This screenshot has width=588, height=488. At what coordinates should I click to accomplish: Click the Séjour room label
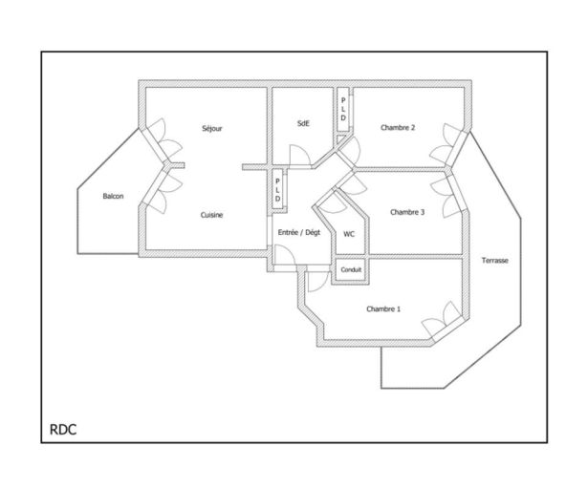(212, 129)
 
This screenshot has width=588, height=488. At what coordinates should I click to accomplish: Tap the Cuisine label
(211, 215)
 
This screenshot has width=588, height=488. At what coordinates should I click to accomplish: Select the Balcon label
(113, 196)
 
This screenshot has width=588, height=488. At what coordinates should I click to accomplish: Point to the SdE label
(303, 123)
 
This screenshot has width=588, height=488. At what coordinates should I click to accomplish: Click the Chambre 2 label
(398, 128)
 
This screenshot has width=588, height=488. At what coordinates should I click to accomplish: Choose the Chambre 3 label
(407, 212)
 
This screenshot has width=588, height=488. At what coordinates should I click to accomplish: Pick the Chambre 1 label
(383, 309)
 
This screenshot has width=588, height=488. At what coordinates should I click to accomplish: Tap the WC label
(349, 234)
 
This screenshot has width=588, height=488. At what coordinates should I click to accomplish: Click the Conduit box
(351, 269)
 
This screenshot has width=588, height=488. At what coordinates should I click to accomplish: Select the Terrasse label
(494, 261)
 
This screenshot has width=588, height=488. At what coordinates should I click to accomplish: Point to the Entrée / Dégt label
(299, 233)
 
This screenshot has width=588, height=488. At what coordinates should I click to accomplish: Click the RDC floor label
(63, 430)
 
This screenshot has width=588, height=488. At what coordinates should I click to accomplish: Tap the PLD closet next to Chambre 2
(343, 110)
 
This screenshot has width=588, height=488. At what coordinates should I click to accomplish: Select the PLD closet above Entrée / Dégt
(277, 190)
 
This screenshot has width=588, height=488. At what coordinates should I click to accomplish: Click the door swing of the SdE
(299, 155)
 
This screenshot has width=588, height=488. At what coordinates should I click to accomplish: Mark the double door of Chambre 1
(443, 318)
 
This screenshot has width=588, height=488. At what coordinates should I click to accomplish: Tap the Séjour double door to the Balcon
(164, 138)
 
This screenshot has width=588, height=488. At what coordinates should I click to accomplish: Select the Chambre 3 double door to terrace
(447, 196)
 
